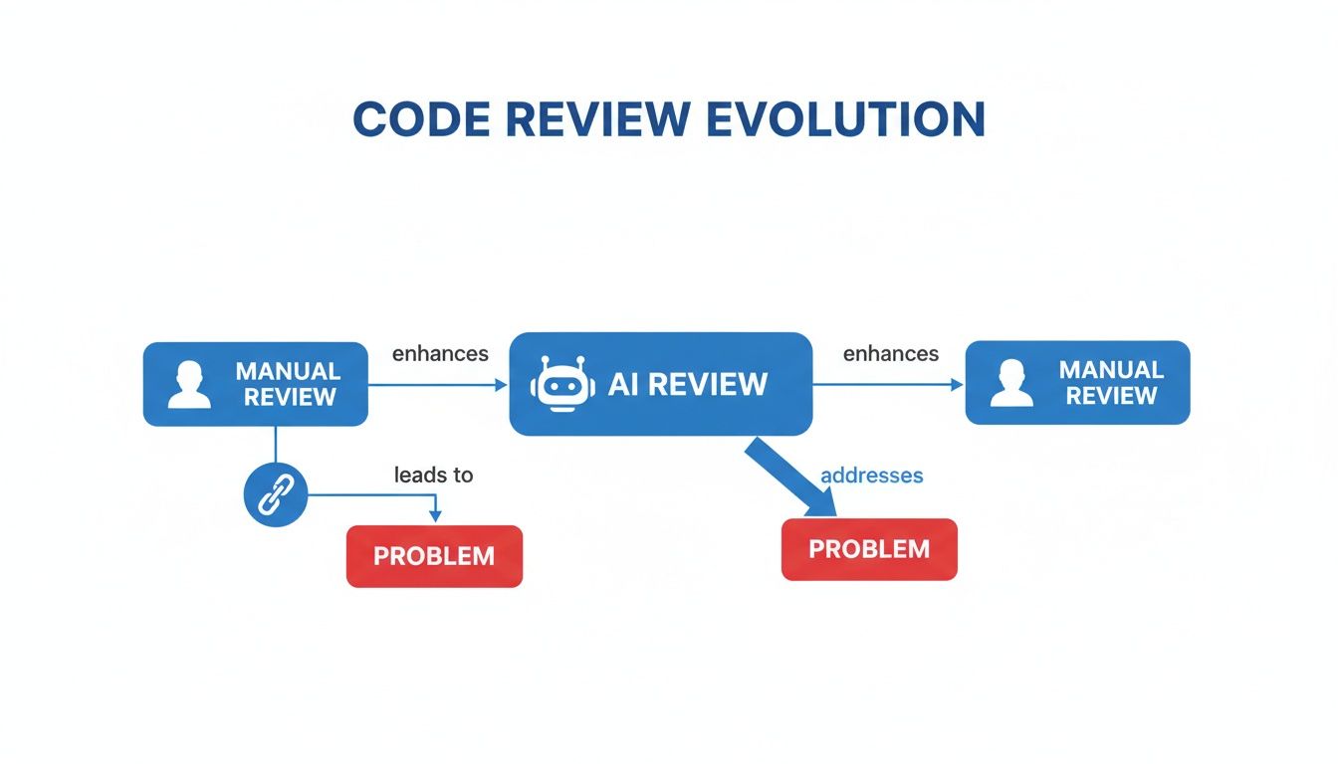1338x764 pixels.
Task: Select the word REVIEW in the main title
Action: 599,118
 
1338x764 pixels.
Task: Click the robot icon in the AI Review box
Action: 562,384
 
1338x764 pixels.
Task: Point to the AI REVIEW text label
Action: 688,384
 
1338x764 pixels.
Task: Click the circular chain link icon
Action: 276,494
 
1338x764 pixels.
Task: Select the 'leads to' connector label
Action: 433,475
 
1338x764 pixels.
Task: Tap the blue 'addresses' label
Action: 871,476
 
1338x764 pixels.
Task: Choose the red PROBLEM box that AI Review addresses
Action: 869,549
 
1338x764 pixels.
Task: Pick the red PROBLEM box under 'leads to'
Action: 434,556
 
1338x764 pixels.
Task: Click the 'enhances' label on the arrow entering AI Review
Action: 440,354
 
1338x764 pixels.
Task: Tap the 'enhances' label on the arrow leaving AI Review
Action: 890,354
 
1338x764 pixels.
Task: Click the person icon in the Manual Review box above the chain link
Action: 189,385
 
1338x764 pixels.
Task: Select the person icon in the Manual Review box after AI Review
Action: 1011,383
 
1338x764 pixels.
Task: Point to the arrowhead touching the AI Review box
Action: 501,384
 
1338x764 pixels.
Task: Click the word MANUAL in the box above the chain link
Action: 288,371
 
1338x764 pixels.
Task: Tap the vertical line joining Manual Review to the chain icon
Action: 276,444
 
